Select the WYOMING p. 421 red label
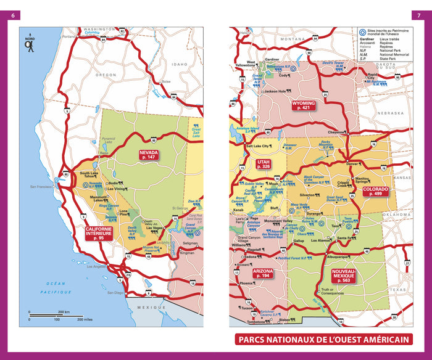[304, 105]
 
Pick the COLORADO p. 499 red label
[375, 191]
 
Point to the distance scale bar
[56, 316]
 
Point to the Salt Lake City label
[258, 146]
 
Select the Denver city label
[352, 164]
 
